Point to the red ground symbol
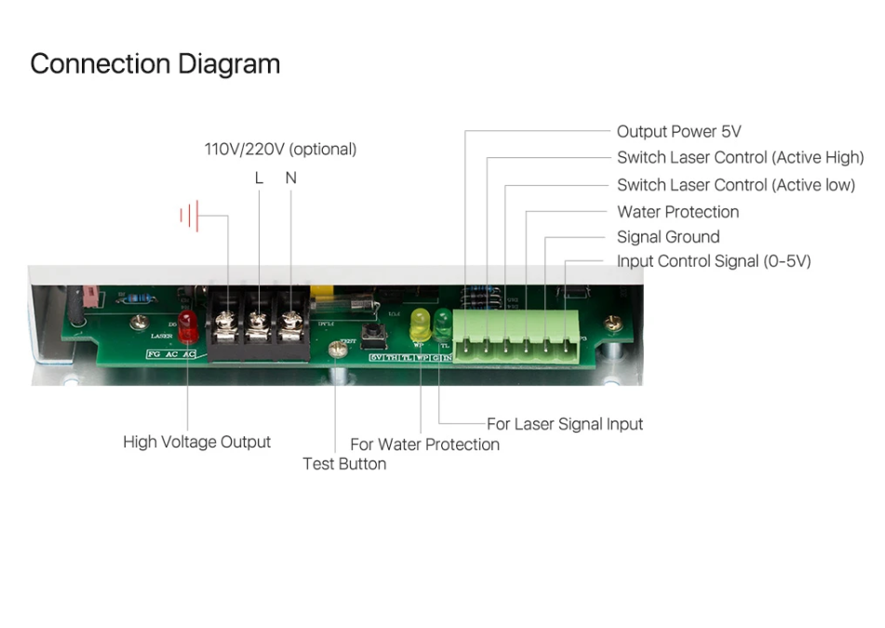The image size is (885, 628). tap(190, 217)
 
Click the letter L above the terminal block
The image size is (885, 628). tap(259, 178)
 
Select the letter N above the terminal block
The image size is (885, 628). tap(291, 178)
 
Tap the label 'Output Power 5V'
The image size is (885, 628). tap(678, 132)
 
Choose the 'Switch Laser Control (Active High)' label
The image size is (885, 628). tap(740, 158)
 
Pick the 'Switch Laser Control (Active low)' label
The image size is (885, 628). tap(735, 185)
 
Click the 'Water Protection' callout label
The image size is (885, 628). tap(677, 212)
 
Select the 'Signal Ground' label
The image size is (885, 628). tap(667, 237)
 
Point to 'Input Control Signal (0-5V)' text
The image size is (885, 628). tap(713, 261)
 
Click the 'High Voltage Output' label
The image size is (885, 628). tap(196, 442)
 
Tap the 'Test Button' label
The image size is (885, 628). tap(344, 463)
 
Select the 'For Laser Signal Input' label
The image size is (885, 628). tap(564, 424)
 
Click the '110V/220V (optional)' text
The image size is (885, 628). tap(280, 149)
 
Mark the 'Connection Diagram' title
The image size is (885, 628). tap(155, 64)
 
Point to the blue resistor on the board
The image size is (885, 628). tap(140, 299)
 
